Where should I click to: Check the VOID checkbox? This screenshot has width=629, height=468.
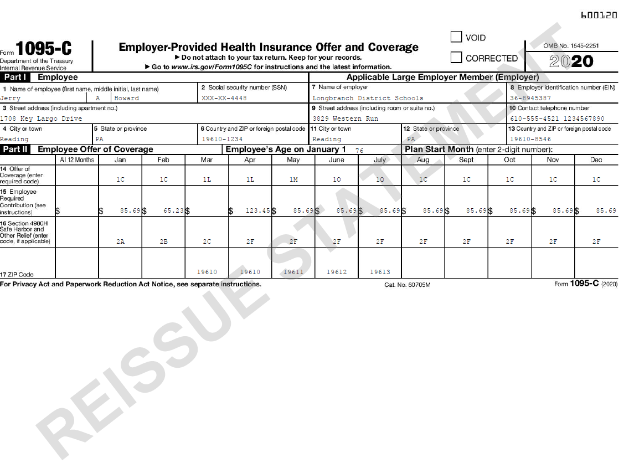(x=456, y=37)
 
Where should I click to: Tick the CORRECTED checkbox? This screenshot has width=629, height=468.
(x=456, y=58)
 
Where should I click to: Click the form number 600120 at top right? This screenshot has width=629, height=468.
(x=599, y=16)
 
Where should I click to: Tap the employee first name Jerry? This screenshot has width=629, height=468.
(x=10, y=98)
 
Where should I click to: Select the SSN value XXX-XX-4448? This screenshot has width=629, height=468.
(x=224, y=98)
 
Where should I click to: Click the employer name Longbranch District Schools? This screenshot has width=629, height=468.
(x=367, y=98)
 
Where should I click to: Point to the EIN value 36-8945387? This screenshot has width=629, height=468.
(x=530, y=98)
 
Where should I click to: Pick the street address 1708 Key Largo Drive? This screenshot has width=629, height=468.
(x=41, y=119)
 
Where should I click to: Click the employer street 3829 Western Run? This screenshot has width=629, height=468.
(x=346, y=119)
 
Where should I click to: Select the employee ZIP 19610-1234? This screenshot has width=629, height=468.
(x=222, y=139)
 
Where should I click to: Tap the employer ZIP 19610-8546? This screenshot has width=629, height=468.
(x=530, y=139)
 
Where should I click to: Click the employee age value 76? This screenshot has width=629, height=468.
(x=359, y=150)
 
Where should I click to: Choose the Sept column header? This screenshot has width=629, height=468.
(x=466, y=160)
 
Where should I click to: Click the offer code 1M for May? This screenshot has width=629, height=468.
(x=293, y=179)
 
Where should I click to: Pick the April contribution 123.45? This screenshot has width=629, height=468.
(x=257, y=210)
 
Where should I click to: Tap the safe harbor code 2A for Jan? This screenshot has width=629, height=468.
(x=120, y=241)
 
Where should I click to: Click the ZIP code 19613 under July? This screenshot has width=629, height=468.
(x=380, y=272)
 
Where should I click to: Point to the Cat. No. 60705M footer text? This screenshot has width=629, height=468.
(x=407, y=285)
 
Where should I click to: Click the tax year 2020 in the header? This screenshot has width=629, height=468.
(x=571, y=61)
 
